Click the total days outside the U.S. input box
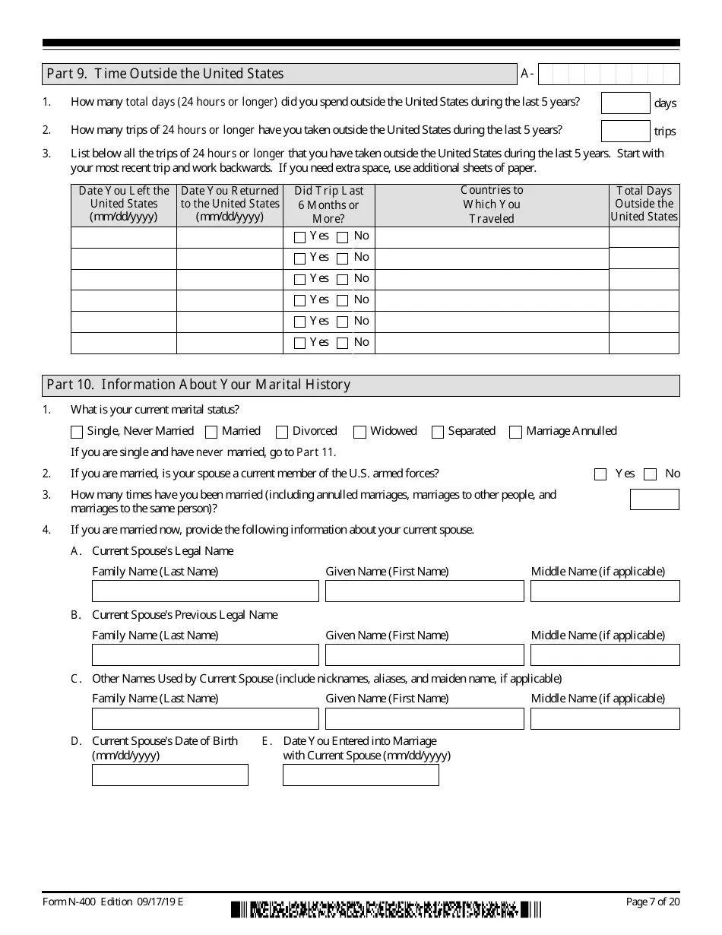point(625,103)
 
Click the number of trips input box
point(625,131)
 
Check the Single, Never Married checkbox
point(77,432)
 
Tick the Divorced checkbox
point(282,432)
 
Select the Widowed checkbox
point(360,432)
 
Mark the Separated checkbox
point(438,432)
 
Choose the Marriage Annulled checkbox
point(516,432)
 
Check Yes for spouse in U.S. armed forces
point(600,474)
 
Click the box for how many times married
point(654,499)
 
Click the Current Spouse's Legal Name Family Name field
point(205,591)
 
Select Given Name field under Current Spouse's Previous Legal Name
point(424,655)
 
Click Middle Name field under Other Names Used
point(605,718)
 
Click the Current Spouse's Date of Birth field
point(170,775)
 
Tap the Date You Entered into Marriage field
point(361,775)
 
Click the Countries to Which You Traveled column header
point(492,204)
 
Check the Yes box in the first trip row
point(299,237)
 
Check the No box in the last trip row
point(343,344)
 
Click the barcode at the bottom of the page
point(386,909)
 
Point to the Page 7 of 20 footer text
point(651,902)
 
